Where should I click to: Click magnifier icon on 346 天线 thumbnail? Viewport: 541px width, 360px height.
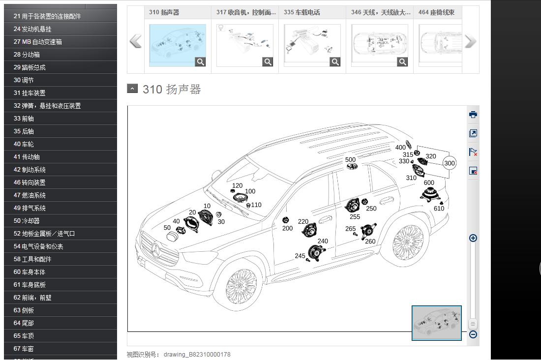402,62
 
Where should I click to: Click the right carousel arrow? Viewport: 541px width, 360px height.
470,41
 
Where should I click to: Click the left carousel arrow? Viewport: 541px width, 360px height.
136,41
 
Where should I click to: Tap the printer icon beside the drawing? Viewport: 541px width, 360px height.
473,115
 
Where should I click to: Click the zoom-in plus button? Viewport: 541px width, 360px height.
473,238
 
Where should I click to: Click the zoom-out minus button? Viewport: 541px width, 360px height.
473,334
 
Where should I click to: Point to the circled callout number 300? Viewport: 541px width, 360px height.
449,163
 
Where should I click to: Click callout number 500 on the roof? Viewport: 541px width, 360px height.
350,160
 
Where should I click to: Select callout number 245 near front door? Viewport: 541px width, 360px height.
300,256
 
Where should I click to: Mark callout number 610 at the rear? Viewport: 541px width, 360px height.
439,209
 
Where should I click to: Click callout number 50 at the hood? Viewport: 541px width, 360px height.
167,228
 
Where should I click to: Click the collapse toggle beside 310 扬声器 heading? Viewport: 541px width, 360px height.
132,89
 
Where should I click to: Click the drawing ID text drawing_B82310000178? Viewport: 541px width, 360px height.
197,355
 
